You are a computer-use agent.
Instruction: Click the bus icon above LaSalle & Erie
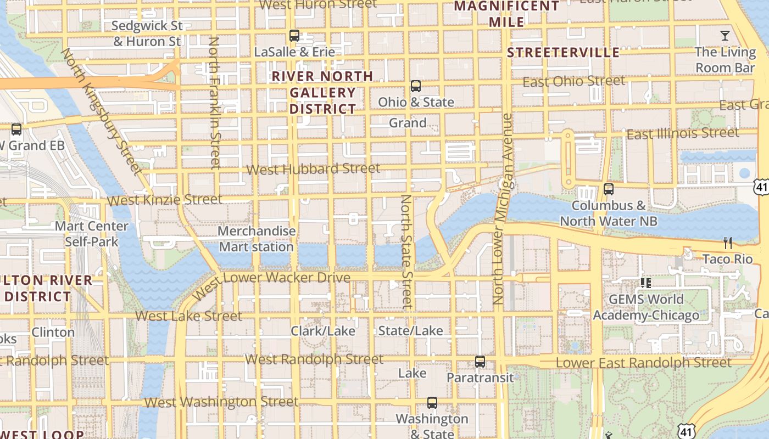tap(294, 36)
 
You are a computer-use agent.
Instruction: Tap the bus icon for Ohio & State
tap(416, 86)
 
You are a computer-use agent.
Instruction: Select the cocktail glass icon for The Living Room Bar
tap(725, 36)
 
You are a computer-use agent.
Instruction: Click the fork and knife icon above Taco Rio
tap(728, 243)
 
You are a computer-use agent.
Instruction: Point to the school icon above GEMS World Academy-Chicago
tap(646, 283)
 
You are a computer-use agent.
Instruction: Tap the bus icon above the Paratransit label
tap(480, 362)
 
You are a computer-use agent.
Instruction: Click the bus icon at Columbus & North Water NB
tap(608, 189)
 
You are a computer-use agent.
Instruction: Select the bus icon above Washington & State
tap(432, 403)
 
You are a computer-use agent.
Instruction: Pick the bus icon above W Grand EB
tap(16, 130)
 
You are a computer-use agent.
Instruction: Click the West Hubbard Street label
tap(313, 169)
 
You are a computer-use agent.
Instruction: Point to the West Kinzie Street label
tap(165, 200)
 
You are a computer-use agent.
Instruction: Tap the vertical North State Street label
tap(406, 251)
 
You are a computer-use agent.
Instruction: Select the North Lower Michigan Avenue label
tap(502, 209)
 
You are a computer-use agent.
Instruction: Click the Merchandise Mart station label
tap(257, 239)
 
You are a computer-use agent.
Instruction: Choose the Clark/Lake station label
tap(323, 331)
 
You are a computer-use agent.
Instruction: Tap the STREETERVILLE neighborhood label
tap(563, 53)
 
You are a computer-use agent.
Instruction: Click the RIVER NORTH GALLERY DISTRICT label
tap(323, 92)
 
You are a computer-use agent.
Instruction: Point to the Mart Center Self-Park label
tap(92, 234)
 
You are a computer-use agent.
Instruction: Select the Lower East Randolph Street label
tap(643, 363)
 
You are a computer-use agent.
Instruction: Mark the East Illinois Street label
tap(683, 133)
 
